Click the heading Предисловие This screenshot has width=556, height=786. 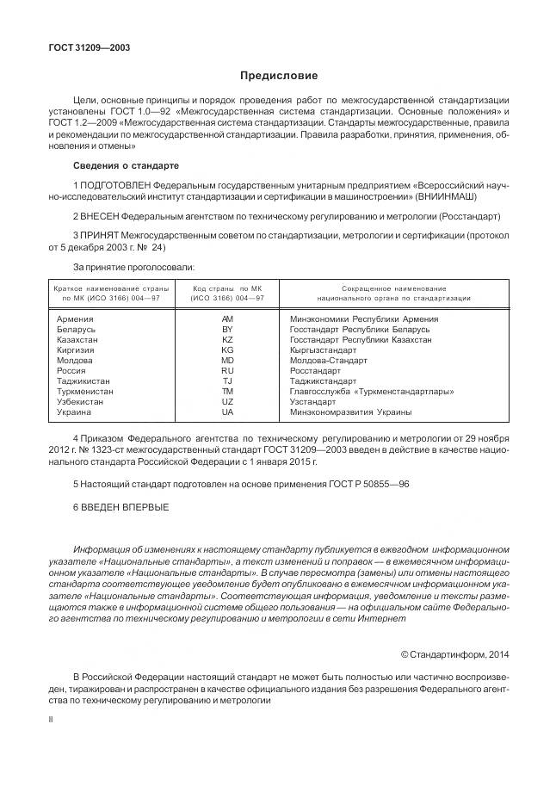point(278,76)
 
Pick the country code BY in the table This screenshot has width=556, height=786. point(227,329)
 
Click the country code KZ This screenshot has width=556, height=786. point(227,339)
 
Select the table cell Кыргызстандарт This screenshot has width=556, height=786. point(323,350)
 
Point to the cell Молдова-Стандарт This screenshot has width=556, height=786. point(329,361)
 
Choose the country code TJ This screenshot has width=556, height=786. point(227,381)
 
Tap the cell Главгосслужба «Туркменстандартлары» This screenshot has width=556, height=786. point(372,392)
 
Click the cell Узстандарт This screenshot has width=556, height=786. point(313,402)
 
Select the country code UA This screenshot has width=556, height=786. point(227,412)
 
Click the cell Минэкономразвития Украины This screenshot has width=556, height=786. point(350,412)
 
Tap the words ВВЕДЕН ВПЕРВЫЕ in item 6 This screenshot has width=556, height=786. point(125,506)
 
